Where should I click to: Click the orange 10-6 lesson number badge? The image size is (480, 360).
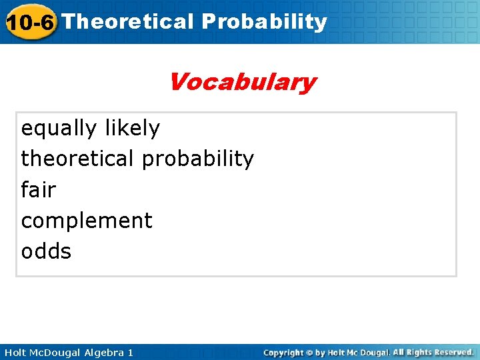coord(29,22)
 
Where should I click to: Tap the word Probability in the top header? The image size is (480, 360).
coord(264,21)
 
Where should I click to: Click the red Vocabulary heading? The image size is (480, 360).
coord(242,83)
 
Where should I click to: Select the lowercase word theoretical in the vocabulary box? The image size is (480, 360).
coord(78,159)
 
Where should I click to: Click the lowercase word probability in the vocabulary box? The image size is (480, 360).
coord(198,159)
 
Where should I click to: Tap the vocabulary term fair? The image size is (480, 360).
coord(39,189)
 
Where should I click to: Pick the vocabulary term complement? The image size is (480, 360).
coord(87,221)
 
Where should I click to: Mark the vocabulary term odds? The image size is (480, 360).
coord(46,251)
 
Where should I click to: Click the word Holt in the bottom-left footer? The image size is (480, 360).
coord(15,352)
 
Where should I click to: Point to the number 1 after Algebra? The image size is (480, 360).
coord(131,352)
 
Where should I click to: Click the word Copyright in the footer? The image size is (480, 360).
coord(283,352)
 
